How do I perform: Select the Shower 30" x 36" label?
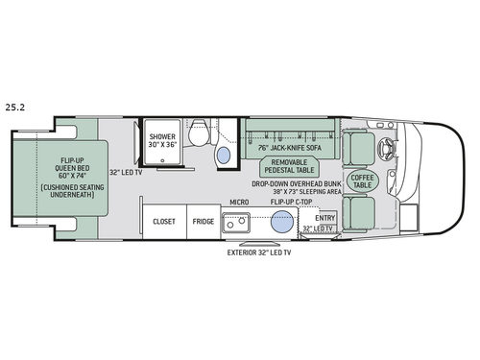162,142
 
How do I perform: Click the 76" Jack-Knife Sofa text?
289,149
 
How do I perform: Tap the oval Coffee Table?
365,180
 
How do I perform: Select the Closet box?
163,221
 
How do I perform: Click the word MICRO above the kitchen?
240,203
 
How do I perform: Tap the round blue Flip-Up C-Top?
281,223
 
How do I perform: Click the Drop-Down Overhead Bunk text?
297,183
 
